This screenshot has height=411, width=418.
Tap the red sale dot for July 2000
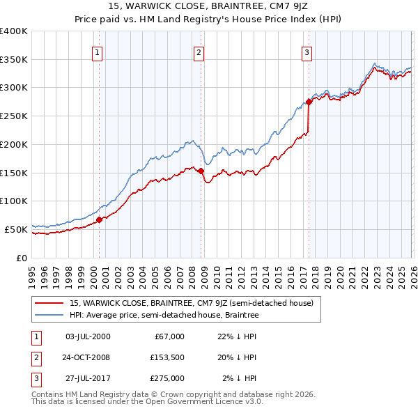(99, 219)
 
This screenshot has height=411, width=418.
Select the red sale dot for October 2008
(201, 171)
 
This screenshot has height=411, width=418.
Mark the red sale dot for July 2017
(309, 102)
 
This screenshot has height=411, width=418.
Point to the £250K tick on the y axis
(14, 116)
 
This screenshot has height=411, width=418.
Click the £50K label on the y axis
(16, 229)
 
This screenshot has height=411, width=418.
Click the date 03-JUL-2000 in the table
(87, 336)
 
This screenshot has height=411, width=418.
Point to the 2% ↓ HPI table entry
(239, 378)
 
